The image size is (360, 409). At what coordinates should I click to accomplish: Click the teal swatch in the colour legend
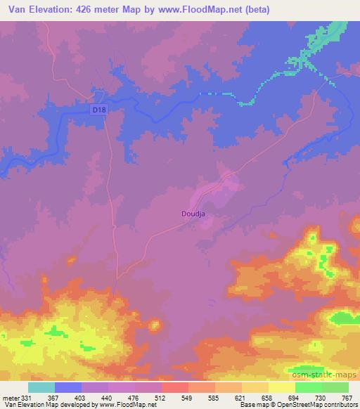[41, 387]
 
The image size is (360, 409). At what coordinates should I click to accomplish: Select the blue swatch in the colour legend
[68, 387]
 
